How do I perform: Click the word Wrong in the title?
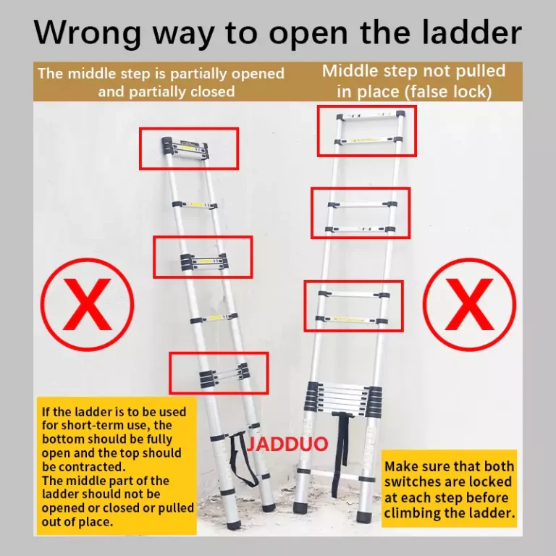click(87, 33)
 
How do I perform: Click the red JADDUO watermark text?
click(287, 444)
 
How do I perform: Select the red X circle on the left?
click(87, 304)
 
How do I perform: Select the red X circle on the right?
click(469, 304)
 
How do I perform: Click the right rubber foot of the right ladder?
click(365, 517)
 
